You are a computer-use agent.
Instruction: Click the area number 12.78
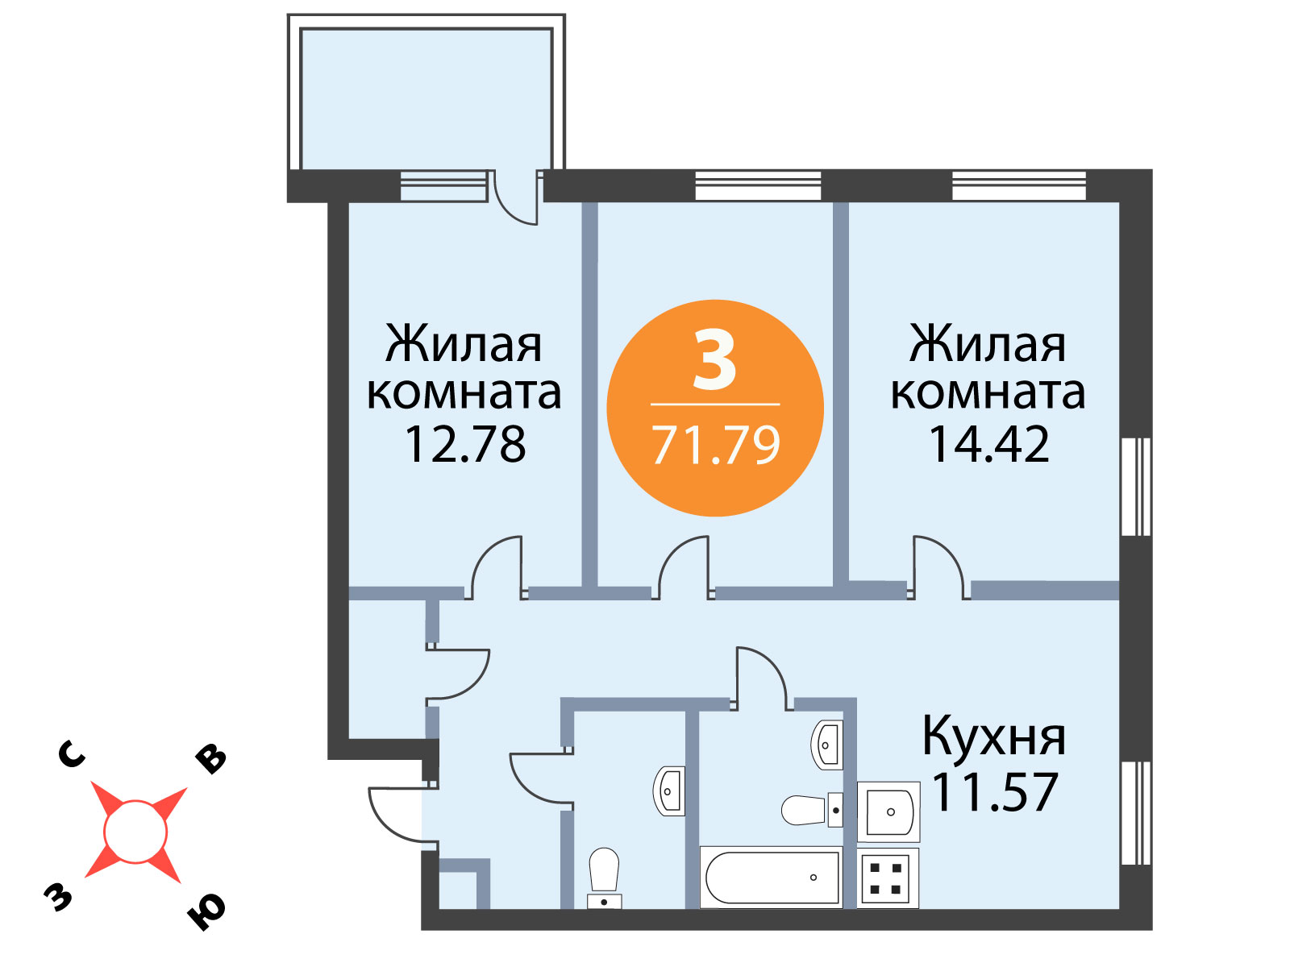click(465, 445)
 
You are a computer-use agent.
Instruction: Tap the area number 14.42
click(988, 445)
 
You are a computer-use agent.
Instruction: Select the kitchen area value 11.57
click(995, 793)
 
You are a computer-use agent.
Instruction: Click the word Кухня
click(994, 737)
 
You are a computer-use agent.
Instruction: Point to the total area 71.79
click(716, 446)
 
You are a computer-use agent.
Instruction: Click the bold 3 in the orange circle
click(714, 359)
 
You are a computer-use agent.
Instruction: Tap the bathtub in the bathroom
click(772, 878)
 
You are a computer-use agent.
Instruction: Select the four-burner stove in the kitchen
click(888, 878)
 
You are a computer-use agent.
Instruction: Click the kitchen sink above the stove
click(888, 812)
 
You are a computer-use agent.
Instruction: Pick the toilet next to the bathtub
click(812, 810)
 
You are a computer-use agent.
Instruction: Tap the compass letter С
click(72, 756)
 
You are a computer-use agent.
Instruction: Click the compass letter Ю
click(206, 913)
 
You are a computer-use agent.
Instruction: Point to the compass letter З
click(57, 897)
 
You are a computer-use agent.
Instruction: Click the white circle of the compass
click(135, 832)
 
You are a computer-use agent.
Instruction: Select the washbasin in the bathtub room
click(827, 745)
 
